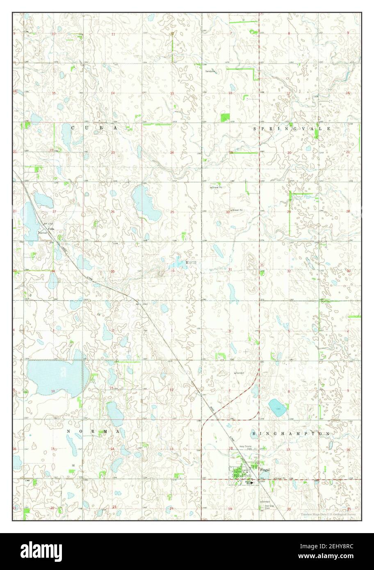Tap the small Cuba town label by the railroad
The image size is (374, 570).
pyautogui.click(x=51, y=229)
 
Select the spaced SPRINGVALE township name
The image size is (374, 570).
pyautogui.click(x=292, y=128)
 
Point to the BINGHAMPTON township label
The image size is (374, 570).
pyautogui.click(x=291, y=433)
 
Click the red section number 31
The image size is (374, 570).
pyautogui.click(x=230, y=269)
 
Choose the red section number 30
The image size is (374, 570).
pyautogui.click(x=228, y=212)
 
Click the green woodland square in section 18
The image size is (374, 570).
pyautogui.click(x=225, y=117)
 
